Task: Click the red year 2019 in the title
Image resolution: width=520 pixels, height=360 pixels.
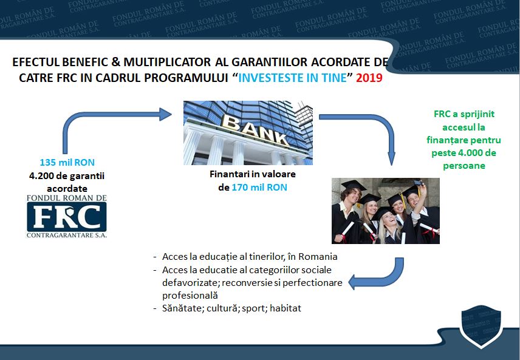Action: click(369, 78)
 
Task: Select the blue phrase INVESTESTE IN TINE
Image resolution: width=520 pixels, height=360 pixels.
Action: click(293, 78)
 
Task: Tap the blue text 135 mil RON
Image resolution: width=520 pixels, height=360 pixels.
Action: click(67, 163)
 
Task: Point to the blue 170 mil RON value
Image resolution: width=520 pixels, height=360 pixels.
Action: click(259, 188)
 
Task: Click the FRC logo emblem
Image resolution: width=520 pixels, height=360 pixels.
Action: click(67, 216)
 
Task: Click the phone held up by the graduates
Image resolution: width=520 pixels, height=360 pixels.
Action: click(418, 183)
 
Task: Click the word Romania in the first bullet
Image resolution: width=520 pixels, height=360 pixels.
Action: click(318, 257)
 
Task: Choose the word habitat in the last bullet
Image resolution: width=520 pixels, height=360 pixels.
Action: click(286, 308)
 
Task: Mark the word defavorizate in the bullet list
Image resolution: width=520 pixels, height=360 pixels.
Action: click(191, 283)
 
